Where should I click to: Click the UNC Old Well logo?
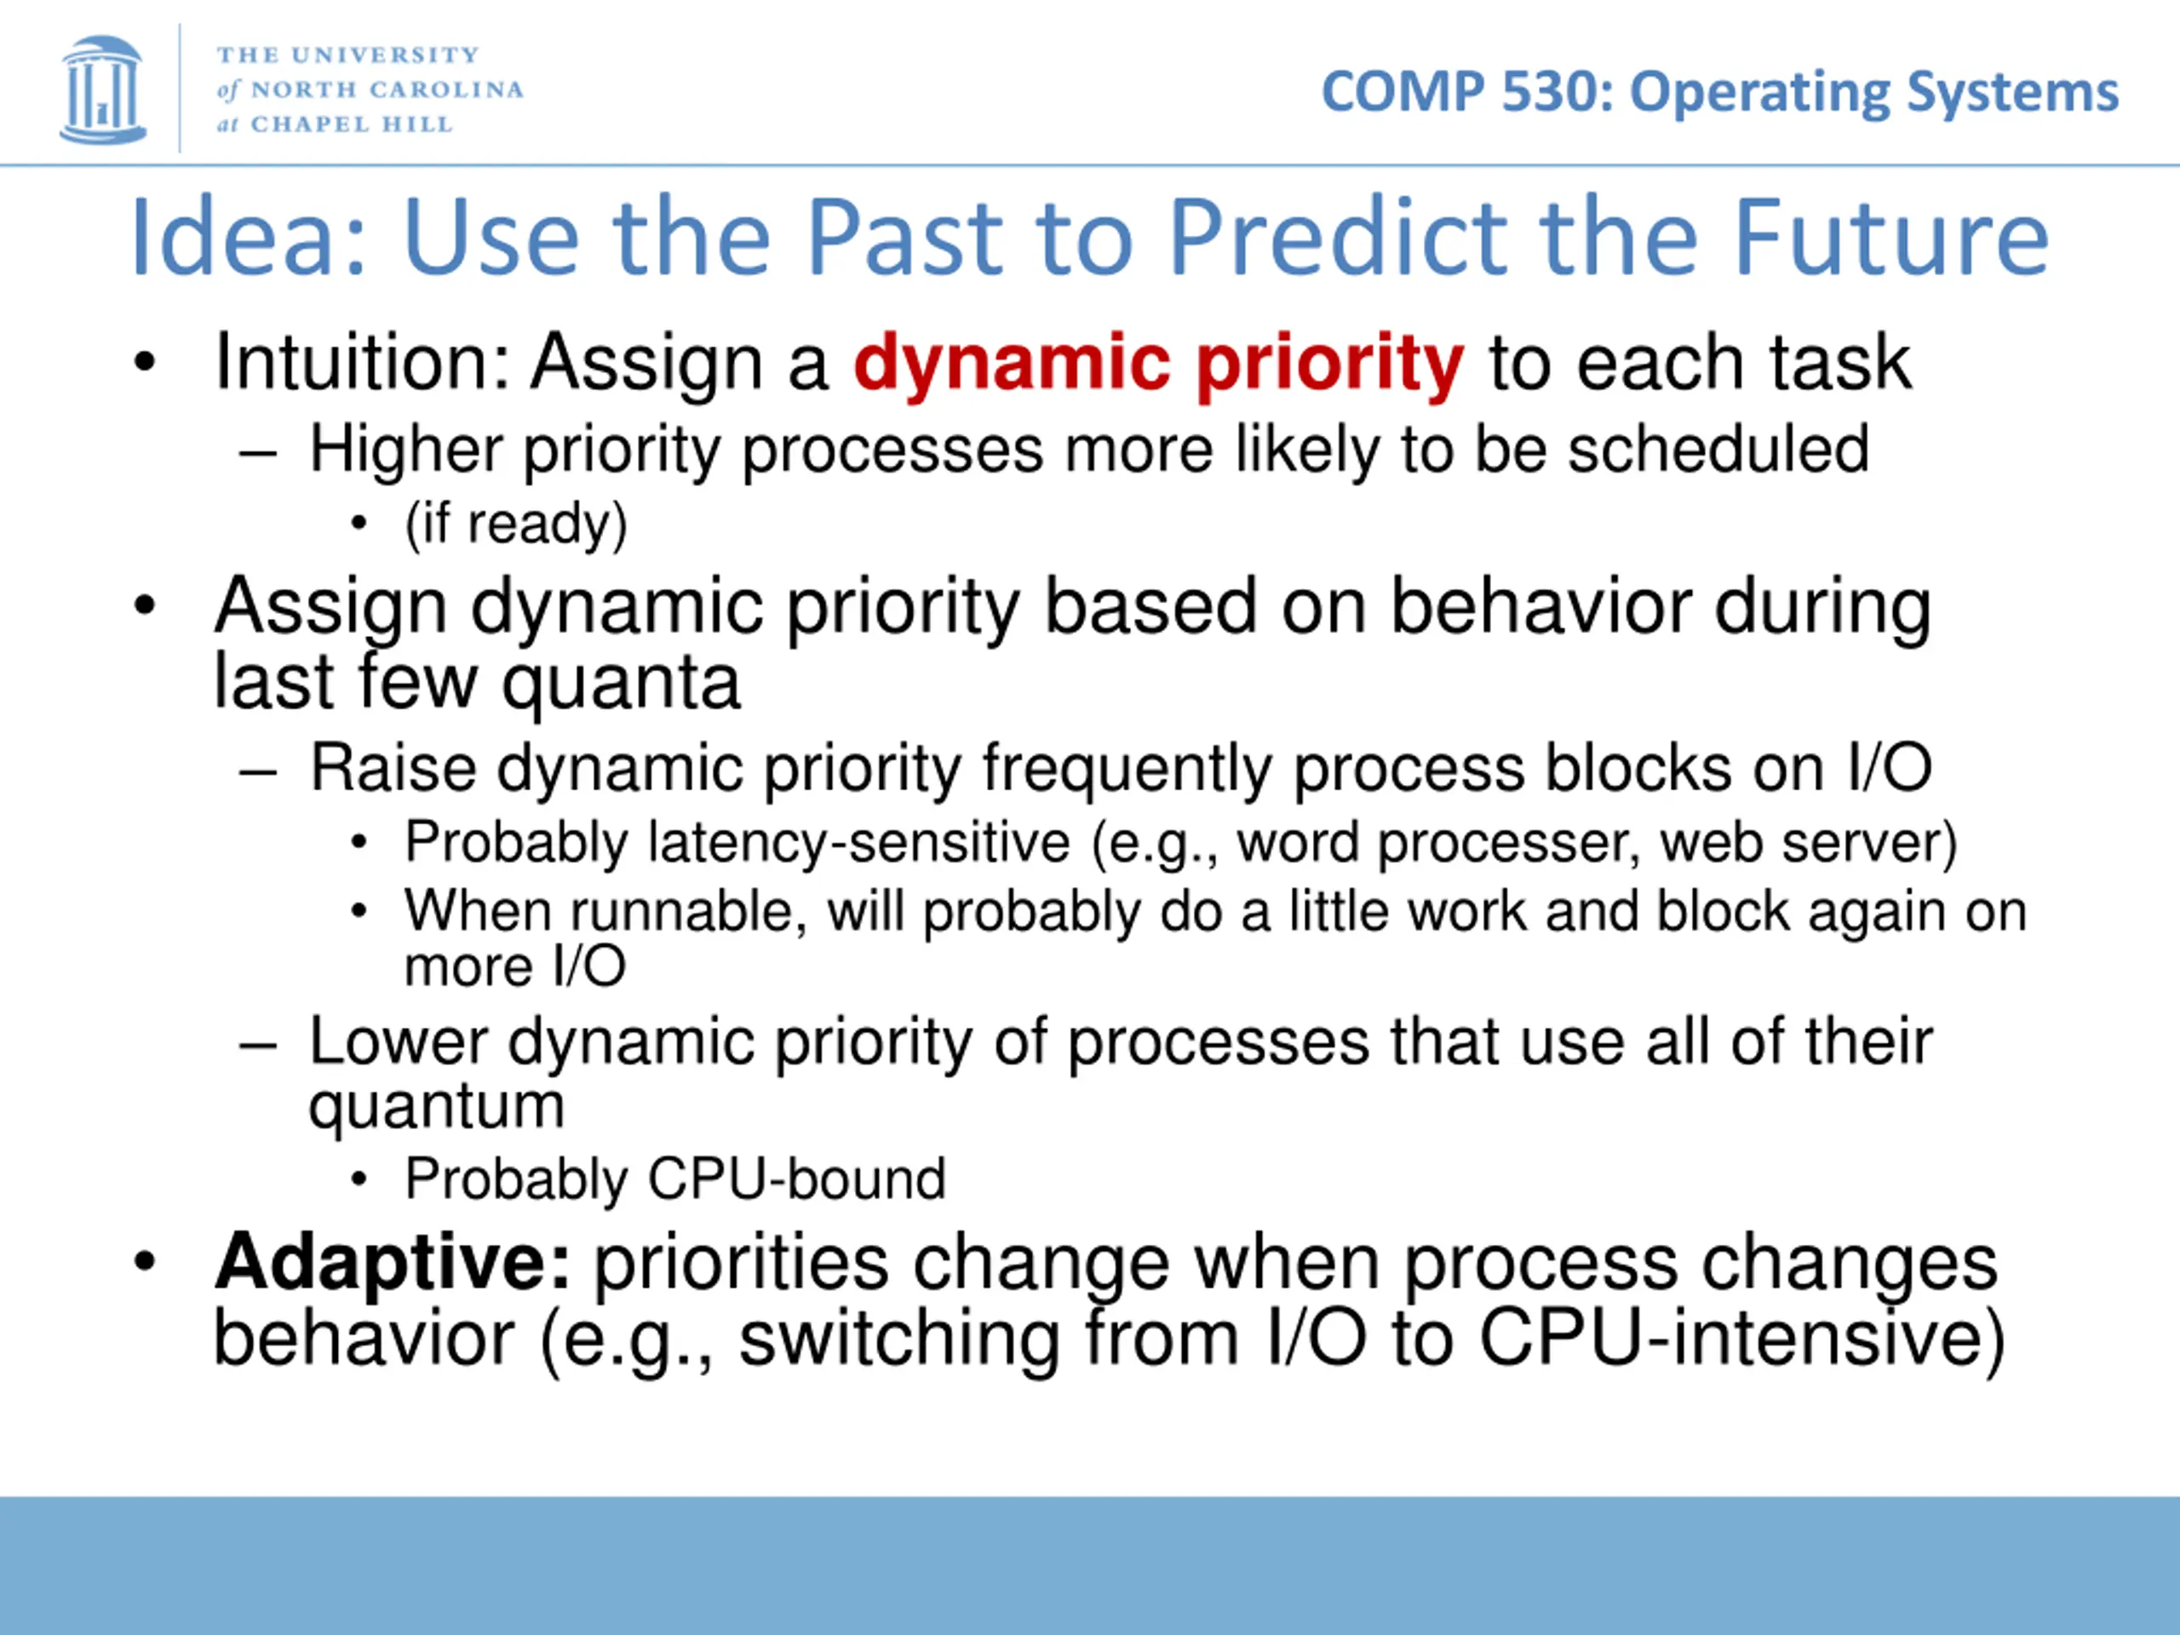(x=102, y=89)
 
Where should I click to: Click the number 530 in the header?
(x=1543, y=93)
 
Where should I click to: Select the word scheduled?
(x=1718, y=450)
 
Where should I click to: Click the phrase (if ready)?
(x=515, y=525)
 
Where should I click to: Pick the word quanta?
(x=621, y=684)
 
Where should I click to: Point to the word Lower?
(x=399, y=1041)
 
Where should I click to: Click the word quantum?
(x=437, y=1108)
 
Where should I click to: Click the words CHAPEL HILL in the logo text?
(x=352, y=124)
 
